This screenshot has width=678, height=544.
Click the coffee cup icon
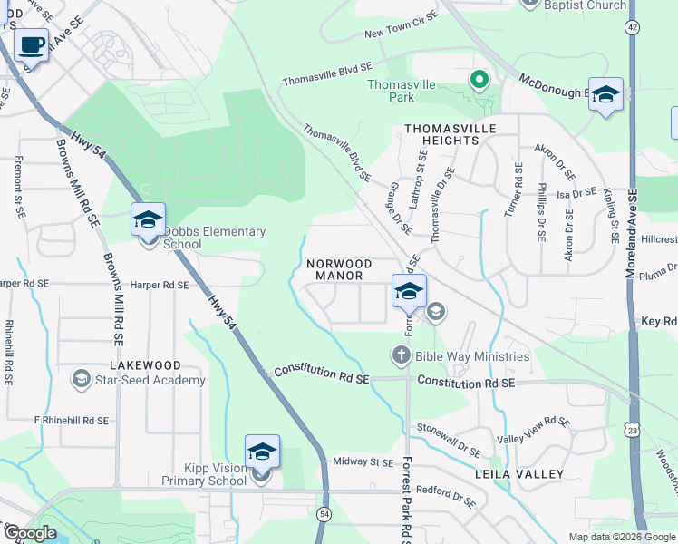pos(32,44)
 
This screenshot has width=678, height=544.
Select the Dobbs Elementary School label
pos(215,238)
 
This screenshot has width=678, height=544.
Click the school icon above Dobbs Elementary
pos(148,219)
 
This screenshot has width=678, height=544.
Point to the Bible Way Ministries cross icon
pos(402,356)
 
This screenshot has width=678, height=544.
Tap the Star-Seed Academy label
pos(150,380)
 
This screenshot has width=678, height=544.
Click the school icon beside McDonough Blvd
pos(605,94)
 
